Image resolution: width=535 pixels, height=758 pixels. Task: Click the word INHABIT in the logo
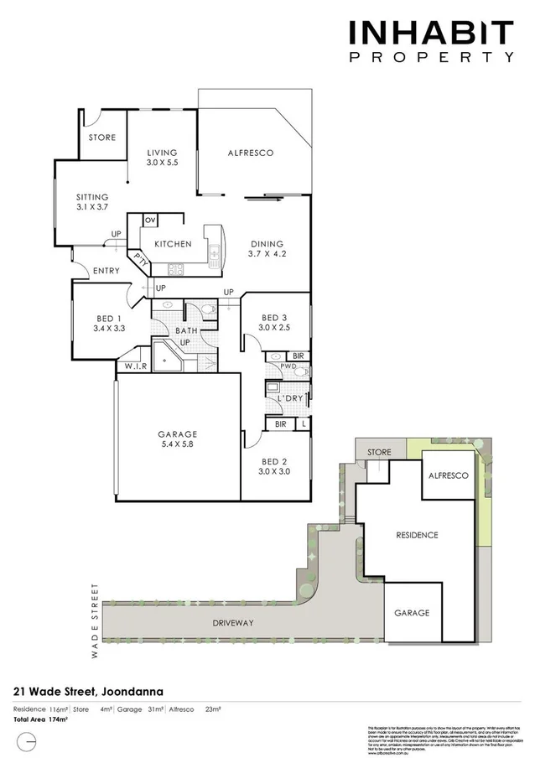[430, 34]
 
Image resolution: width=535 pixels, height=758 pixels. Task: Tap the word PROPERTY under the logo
[430, 58]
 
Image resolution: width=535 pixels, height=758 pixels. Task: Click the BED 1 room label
[109, 323]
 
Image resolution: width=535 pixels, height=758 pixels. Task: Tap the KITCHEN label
[172, 244]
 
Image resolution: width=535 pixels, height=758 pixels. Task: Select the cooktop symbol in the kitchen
[177, 269]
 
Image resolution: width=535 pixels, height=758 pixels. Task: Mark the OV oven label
[150, 220]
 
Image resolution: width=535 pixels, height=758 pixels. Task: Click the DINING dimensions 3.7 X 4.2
[267, 254]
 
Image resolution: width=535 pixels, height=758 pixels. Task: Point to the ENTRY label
[106, 270]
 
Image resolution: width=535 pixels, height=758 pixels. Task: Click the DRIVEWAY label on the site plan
[233, 623]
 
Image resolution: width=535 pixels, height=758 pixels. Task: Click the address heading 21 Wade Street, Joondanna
[88, 692]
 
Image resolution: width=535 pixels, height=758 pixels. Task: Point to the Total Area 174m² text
[40, 719]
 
